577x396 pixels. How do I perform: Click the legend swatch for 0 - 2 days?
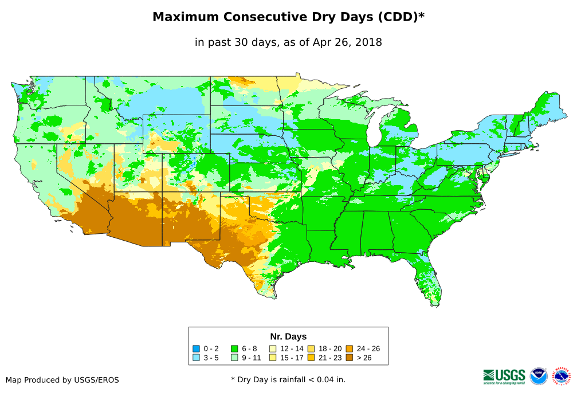(196, 348)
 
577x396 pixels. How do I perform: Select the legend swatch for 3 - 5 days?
(196, 358)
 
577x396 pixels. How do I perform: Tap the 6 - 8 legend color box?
(234, 348)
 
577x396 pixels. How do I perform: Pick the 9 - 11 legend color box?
(234, 358)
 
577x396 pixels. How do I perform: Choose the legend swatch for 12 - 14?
(273, 348)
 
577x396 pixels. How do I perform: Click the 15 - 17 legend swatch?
(273, 358)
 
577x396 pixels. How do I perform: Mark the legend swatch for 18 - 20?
(311, 348)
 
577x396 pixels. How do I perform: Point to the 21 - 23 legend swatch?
(311, 358)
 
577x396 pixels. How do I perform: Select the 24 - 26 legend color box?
(350, 348)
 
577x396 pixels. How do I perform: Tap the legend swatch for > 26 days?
(350, 358)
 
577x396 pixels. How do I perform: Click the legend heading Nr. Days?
(288, 336)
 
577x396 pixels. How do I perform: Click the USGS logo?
(504, 375)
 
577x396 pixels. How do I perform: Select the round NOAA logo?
(539, 376)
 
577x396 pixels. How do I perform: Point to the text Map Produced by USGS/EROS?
(62, 380)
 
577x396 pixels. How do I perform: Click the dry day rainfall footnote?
(288, 379)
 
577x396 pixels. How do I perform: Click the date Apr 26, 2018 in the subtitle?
(347, 42)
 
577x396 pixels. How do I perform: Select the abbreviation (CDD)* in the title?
(399, 17)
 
